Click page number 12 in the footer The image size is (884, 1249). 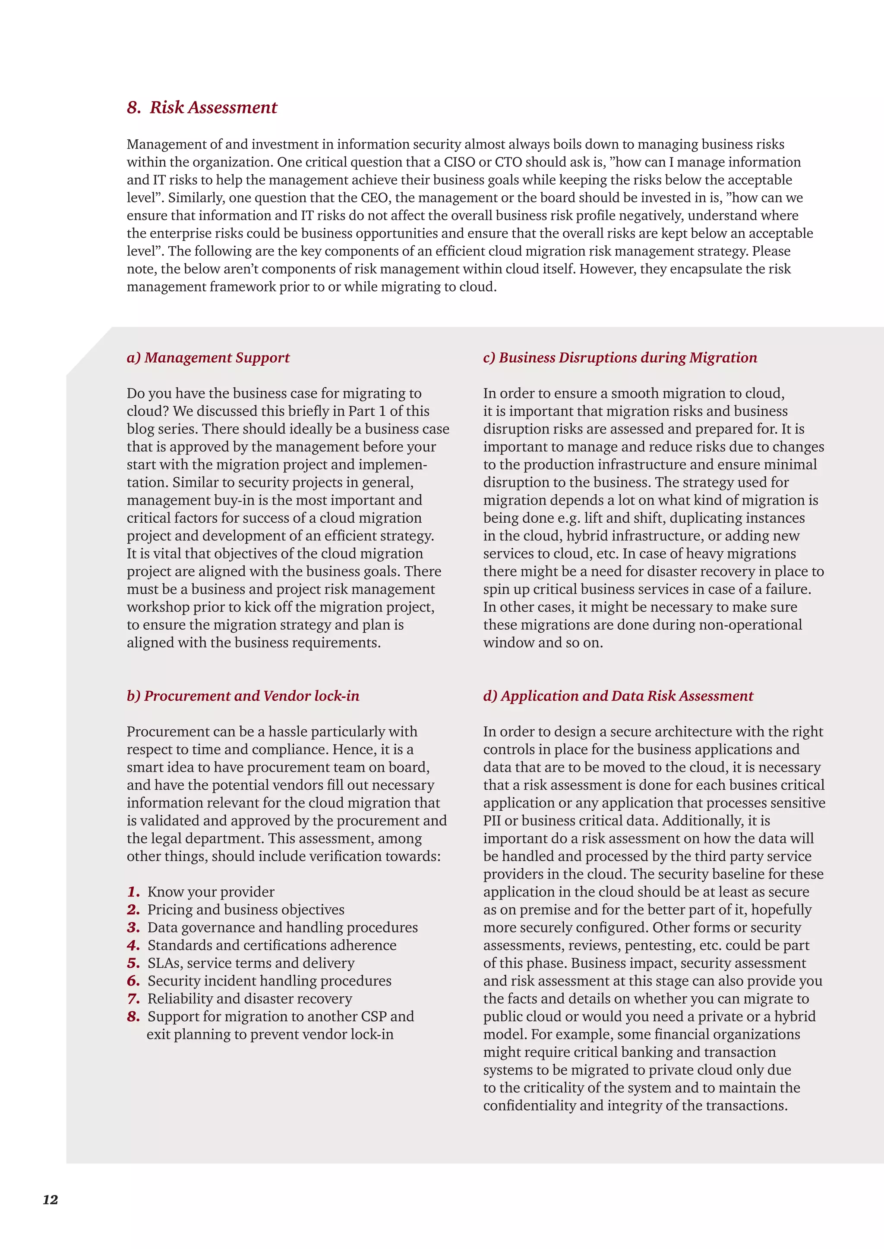pyautogui.click(x=50, y=1199)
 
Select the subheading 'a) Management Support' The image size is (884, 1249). pyautogui.click(x=208, y=358)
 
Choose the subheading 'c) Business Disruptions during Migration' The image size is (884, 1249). pyautogui.click(x=620, y=358)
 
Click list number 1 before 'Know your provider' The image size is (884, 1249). pyautogui.click(x=133, y=892)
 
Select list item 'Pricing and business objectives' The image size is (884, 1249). pyautogui.click(x=246, y=910)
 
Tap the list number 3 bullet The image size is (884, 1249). pyautogui.click(x=133, y=928)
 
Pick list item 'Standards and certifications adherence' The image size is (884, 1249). pyautogui.click(x=272, y=945)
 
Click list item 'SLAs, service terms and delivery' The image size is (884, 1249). pyautogui.click(x=251, y=963)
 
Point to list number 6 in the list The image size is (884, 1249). pyautogui.click(x=133, y=981)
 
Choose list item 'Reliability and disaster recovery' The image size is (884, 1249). pyautogui.click(x=249, y=999)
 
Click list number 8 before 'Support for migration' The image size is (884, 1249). pyautogui.click(x=133, y=1017)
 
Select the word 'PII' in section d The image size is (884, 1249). pyautogui.click(x=492, y=820)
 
